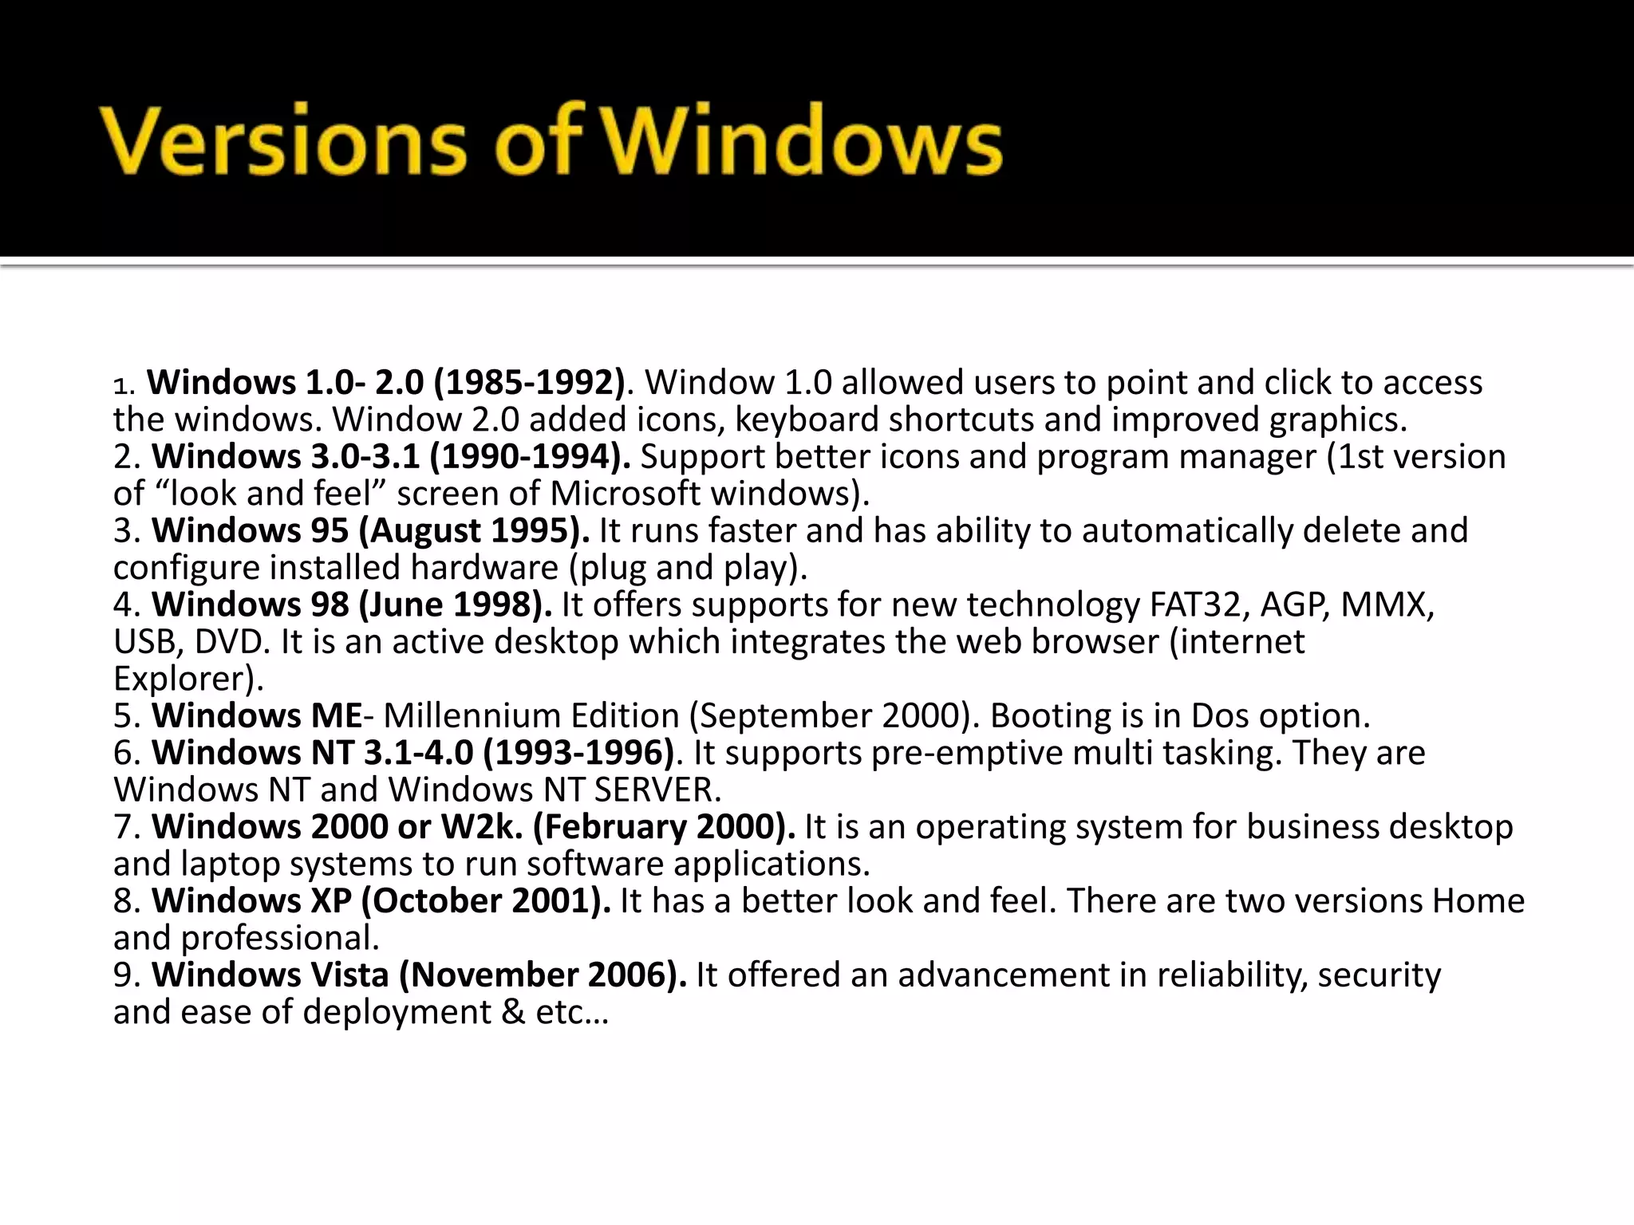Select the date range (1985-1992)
529,383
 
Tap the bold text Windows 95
250,531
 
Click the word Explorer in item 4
183,679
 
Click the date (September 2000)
833,716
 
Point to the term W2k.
482,827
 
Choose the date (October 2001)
486,901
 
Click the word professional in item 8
279,939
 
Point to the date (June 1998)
456,605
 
